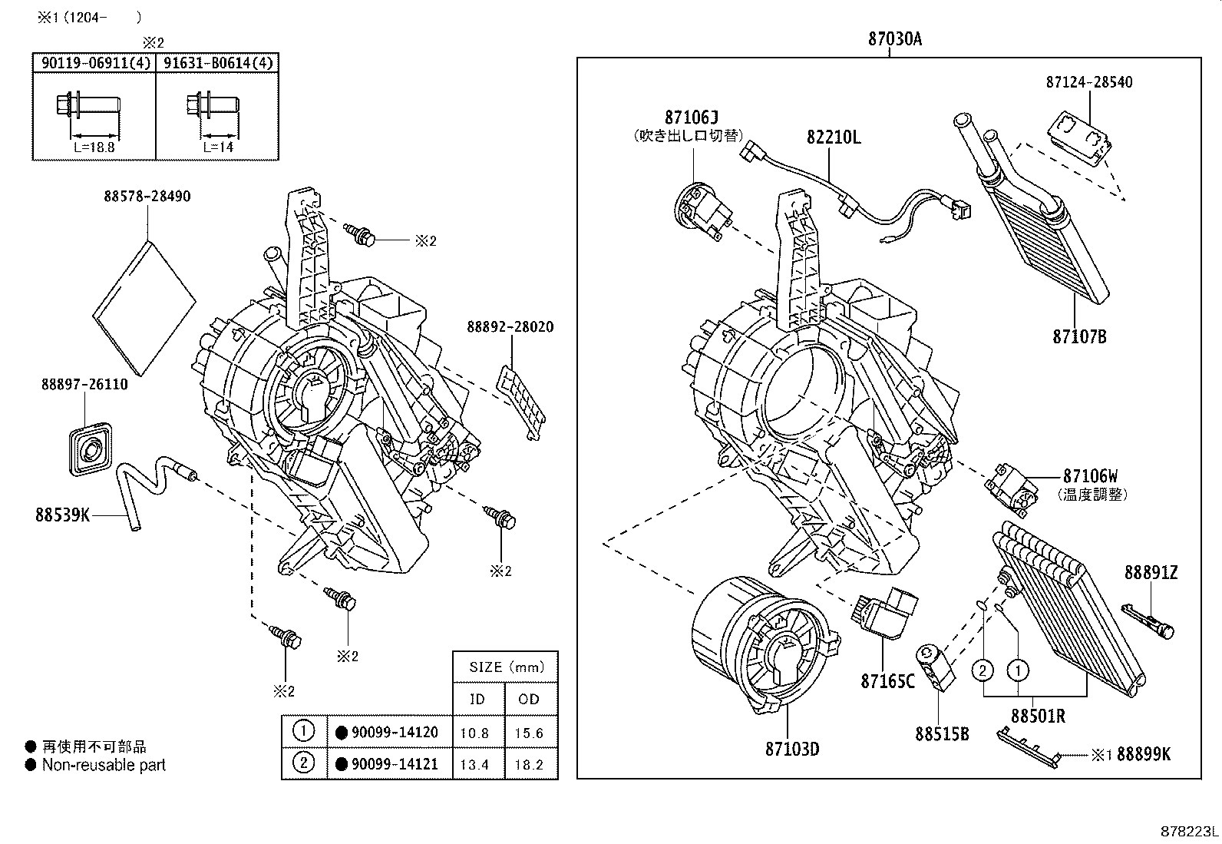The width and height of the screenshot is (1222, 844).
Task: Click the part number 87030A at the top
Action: [895, 38]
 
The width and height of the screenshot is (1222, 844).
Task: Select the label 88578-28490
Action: [147, 197]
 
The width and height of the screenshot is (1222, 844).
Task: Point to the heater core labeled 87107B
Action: [1031, 207]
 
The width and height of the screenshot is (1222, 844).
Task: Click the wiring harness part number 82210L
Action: [834, 137]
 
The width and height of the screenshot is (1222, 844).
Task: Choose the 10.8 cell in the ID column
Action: [474, 733]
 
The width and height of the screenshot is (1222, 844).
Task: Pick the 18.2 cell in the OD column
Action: [529, 765]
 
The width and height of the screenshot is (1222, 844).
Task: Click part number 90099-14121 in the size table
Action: [395, 764]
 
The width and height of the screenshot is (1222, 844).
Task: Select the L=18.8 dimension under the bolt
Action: [94, 147]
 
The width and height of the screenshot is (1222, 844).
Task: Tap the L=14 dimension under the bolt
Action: [218, 147]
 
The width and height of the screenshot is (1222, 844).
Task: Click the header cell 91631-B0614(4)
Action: [218, 63]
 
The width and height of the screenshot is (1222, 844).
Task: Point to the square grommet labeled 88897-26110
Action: [91, 449]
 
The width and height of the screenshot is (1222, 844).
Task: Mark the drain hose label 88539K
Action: [62, 515]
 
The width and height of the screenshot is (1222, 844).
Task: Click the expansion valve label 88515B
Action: [942, 734]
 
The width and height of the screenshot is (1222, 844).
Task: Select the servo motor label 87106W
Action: [1090, 476]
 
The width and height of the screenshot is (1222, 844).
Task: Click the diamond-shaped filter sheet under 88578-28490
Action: [144, 309]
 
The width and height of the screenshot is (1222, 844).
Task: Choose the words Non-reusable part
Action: [104, 765]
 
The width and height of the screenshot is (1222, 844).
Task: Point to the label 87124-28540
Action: [1089, 82]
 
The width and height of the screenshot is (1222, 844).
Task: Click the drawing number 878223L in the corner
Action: [1189, 831]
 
